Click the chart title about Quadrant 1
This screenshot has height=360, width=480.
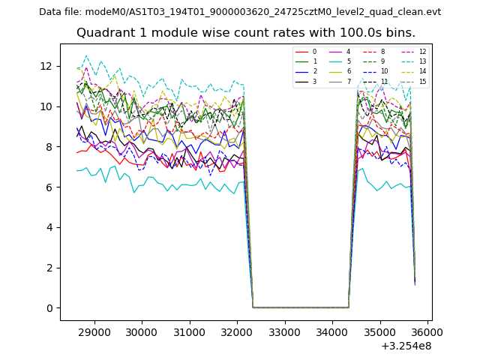[245, 33]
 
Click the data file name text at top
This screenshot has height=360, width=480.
[240, 12]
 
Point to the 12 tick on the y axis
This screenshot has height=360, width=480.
[49, 66]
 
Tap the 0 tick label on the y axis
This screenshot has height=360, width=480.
[49, 308]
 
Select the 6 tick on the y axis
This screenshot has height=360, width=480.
[49, 187]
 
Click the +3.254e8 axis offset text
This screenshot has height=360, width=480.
[406, 346]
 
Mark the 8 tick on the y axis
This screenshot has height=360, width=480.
[49, 147]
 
